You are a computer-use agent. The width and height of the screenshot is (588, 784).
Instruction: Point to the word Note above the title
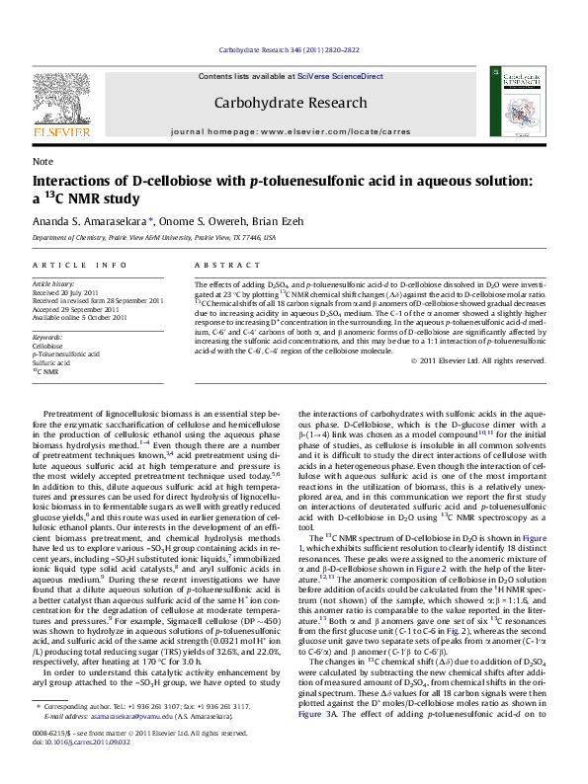click(42, 161)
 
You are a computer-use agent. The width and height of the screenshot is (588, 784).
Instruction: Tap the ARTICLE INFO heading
click(79, 266)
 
